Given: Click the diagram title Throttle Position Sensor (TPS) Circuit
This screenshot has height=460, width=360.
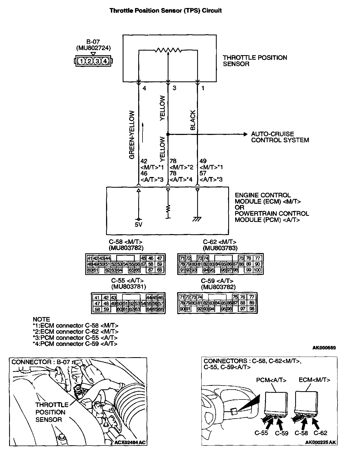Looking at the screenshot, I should pos(166,11).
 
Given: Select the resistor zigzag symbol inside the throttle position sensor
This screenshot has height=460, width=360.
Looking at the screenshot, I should pos(168,50).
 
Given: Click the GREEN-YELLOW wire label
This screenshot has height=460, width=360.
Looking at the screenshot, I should pos(132,135).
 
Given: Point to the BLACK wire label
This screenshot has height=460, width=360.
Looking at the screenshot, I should pos(193,120).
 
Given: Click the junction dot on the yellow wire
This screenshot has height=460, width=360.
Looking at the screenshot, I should pos(168,134).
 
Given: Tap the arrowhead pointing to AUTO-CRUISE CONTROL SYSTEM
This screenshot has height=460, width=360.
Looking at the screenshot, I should pos(245,134).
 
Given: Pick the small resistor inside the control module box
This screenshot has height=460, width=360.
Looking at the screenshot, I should pos(168,208).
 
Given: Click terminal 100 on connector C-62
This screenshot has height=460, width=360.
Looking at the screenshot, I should pos(257,270).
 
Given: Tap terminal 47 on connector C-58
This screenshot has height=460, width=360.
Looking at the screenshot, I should pos(160,258).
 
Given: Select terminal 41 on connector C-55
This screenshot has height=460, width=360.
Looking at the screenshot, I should pos(97,298).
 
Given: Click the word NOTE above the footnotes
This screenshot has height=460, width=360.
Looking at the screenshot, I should pos(41,319).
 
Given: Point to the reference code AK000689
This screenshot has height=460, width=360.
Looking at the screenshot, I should pos(324,348).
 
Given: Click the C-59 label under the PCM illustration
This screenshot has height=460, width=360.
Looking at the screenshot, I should pos(282,433).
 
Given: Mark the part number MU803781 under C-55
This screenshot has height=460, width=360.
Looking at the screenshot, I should pos(128,287).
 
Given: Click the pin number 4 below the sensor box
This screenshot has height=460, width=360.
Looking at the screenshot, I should pos(144,88).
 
